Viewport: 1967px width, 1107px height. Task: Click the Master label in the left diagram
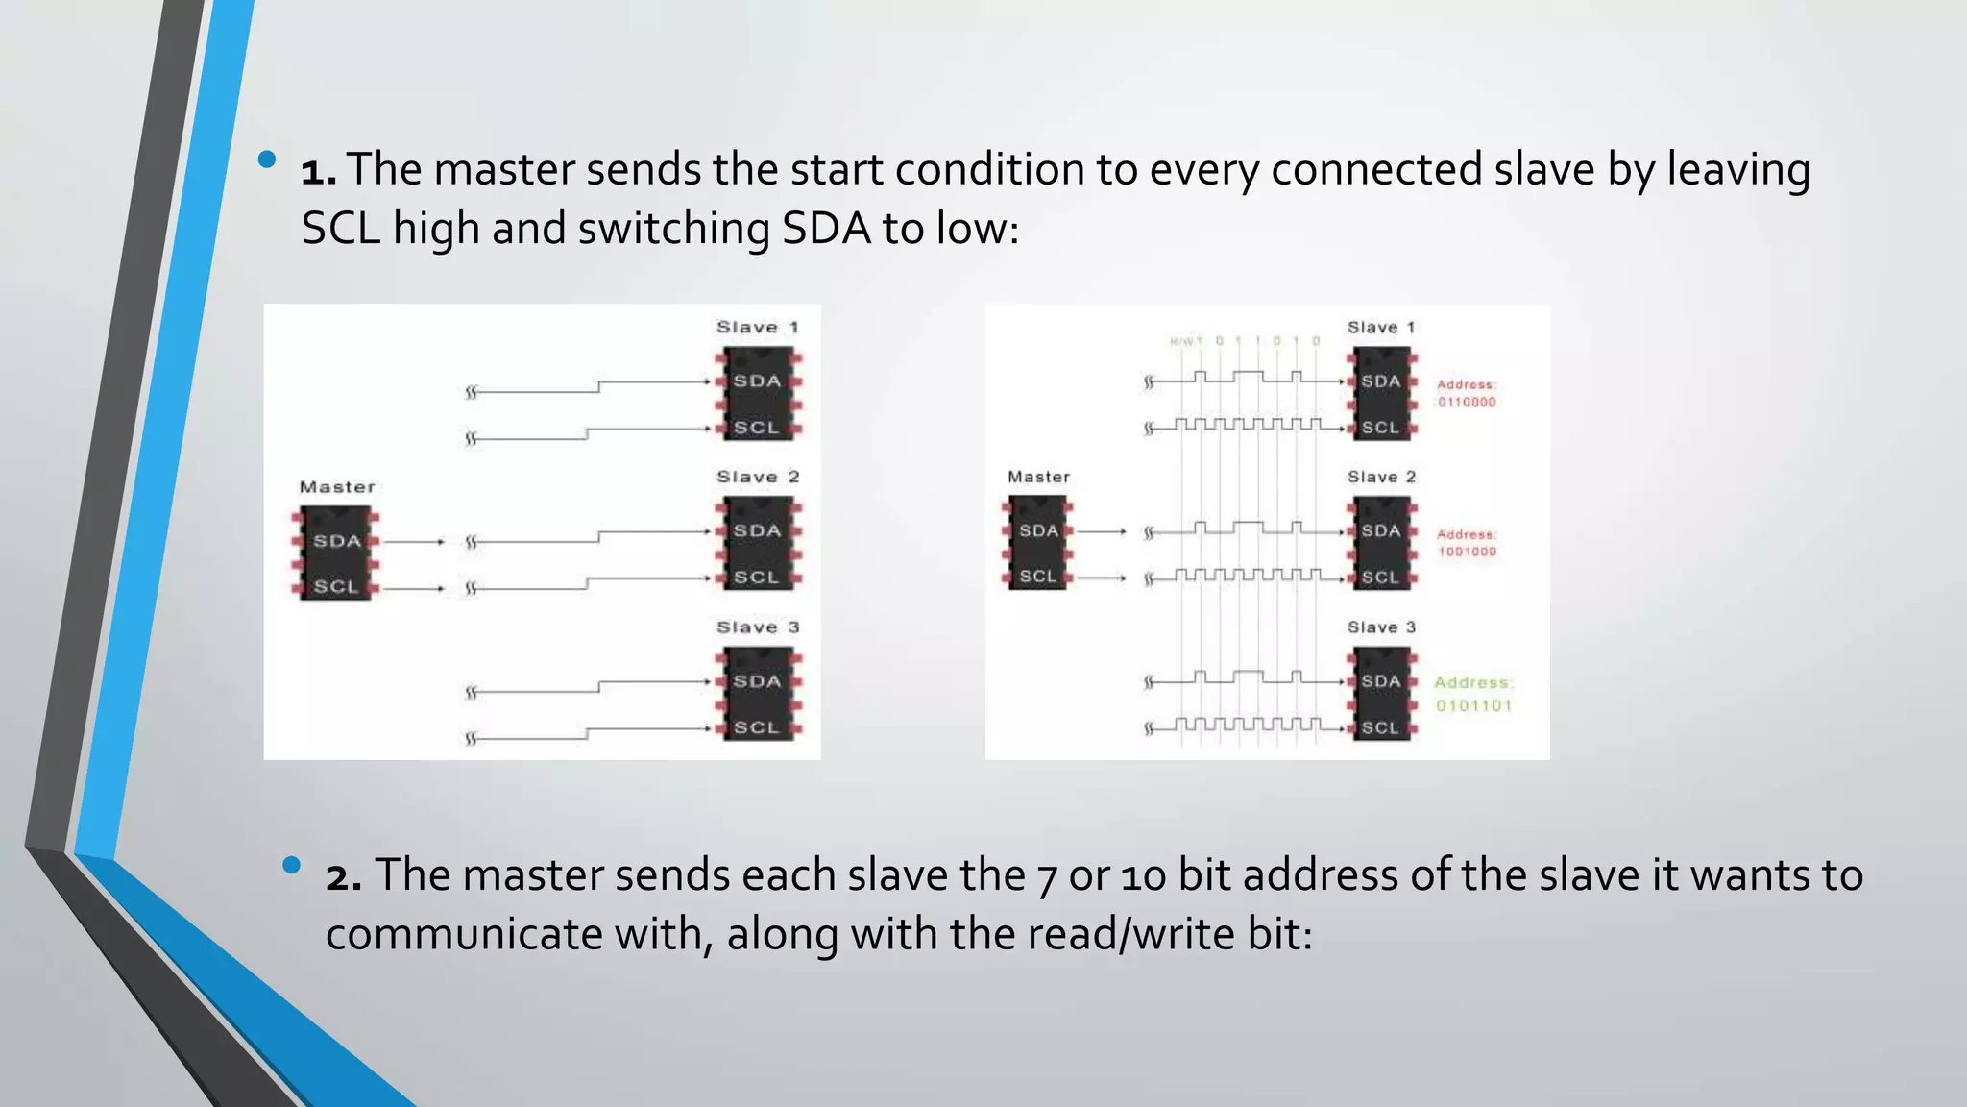337,487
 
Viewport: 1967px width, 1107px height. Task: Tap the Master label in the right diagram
1038,477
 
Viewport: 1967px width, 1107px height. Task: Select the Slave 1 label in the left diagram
757,327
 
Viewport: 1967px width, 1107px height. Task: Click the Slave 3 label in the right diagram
1381,627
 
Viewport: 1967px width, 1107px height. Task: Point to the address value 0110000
1467,403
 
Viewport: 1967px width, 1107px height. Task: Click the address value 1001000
1467,552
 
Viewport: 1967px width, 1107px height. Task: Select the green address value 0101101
1473,705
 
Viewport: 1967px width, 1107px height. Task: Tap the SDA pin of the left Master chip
337,541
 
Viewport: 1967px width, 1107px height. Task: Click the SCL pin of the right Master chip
1037,577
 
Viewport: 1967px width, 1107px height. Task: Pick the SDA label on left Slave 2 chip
757,530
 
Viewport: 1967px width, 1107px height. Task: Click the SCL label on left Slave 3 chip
756,727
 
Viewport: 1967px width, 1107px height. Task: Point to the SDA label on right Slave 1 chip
1380,381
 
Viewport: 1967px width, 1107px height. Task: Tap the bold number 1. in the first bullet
319,171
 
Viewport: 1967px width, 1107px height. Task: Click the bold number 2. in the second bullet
344,876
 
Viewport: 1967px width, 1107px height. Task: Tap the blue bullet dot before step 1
267,159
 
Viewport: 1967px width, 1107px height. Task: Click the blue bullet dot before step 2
292,865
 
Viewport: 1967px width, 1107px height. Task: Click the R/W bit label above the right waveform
1185,341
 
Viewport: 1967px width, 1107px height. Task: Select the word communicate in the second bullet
463,934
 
